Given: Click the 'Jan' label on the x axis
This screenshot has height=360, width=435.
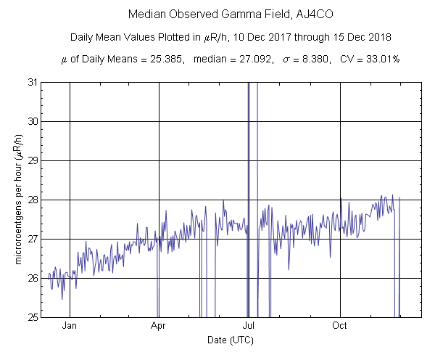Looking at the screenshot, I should [x=70, y=327].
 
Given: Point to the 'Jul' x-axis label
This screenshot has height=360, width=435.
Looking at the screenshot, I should [x=248, y=327].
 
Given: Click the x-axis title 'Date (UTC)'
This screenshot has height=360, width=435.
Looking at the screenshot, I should [x=231, y=339].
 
